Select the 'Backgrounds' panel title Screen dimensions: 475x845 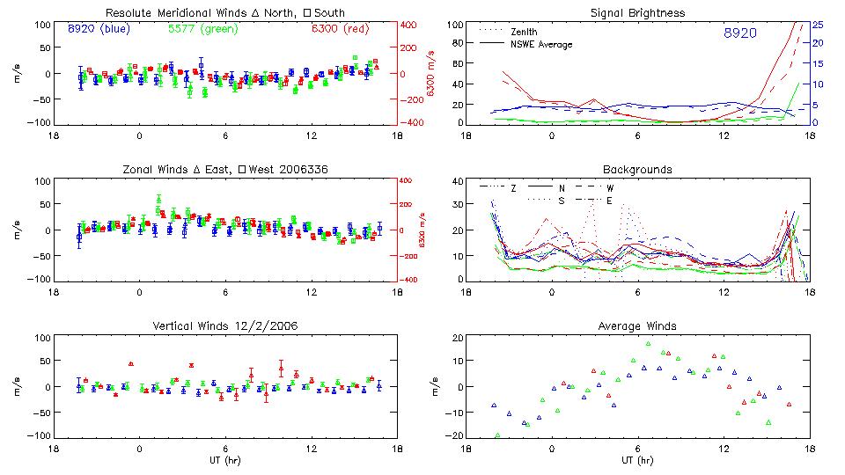click(638, 169)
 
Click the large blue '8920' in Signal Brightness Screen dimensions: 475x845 click(740, 33)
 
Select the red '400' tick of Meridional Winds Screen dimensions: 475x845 click(411, 25)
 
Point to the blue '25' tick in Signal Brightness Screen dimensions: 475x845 click(817, 25)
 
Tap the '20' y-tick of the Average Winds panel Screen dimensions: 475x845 click(457, 338)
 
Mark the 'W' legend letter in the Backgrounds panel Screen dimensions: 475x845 click(609, 188)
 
